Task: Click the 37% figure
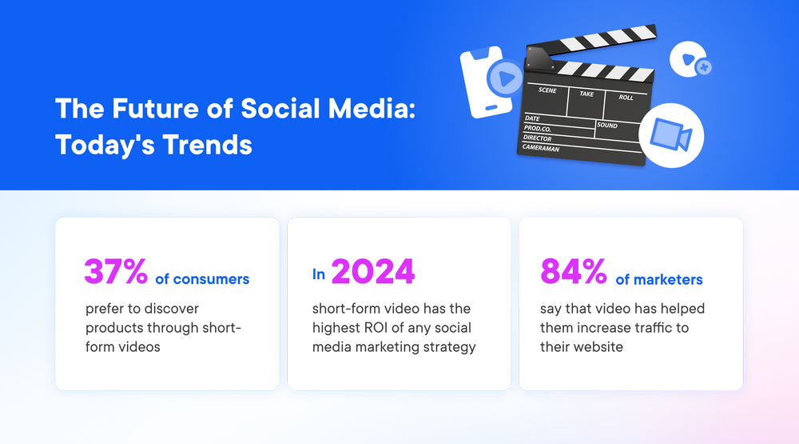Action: pyautogui.click(x=116, y=272)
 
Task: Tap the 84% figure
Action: pyautogui.click(x=573, y=272)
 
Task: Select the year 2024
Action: pyautogui.click(x=372, y=272)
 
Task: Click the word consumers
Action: pyautogui.click(x=211, y=279)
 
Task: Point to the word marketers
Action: pyautogui.click(x=659, y=279)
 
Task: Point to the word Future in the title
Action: pyautogui.click(x=141, y=110)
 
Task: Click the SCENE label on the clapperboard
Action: pyautogui.click(x=547, y=90)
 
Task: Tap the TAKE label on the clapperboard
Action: pyautogui.click(x=586, y=94)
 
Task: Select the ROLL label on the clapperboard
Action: pyautogui.click(x=626, y=98)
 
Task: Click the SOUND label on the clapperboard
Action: pyautogui.click(x=607, y=126)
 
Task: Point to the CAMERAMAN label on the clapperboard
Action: pyautogui.click(x=542, y=148)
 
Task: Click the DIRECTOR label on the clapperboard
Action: pyautogui.click(x=538, y=138)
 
